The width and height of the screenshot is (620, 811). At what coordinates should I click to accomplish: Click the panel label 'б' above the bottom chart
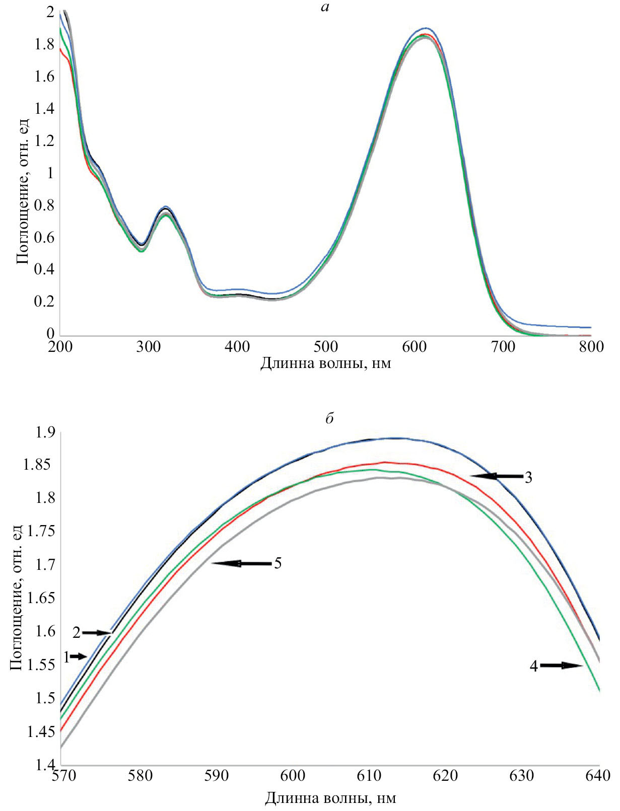coord(330,419)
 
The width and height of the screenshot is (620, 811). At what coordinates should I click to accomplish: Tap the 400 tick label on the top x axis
coord(237,347)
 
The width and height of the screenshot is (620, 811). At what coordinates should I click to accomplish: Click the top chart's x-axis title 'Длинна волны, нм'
coord(325,363)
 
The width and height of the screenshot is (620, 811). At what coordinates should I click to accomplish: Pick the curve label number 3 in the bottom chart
coord(528,477)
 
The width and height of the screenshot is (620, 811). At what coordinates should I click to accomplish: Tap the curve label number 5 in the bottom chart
coord(278,563)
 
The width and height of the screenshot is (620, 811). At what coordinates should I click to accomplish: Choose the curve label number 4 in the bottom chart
coord(534,666)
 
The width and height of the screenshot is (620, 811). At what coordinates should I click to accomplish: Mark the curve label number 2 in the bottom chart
coord(76,633)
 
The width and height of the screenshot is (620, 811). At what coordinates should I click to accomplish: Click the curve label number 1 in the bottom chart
coord(66,656)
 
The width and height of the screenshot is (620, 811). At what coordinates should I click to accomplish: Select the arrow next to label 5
coord(242,564)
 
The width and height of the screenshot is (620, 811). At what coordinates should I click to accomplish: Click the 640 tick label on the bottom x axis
coord(598,776)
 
